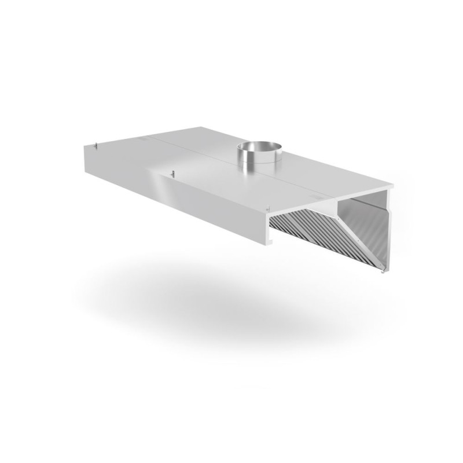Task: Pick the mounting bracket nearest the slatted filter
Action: click(x=267, y=207)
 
